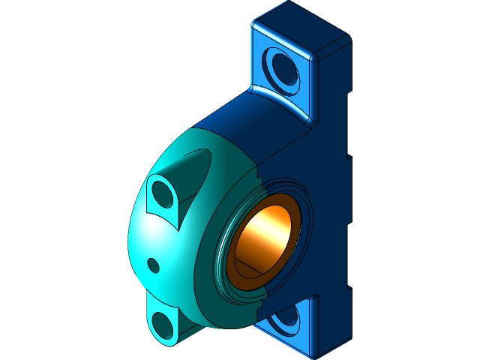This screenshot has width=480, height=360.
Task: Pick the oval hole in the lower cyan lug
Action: pyautogui.click(x=163, y=324)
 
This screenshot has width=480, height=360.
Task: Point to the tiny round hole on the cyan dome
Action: pyautogui.click(x=153, y=264)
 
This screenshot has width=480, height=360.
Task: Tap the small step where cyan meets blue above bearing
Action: pyautogui.click(x=258, y=173)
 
